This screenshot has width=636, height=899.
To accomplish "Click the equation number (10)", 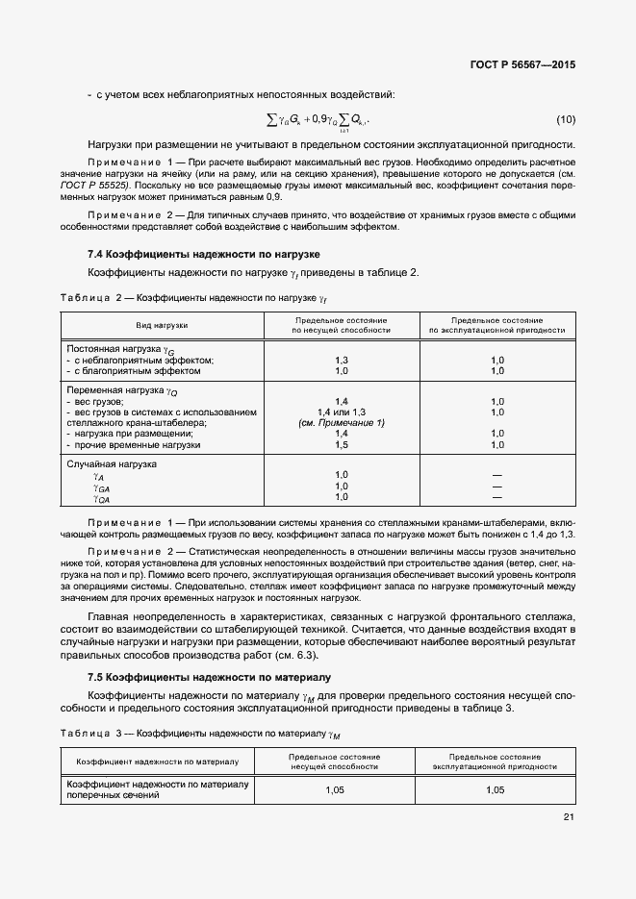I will point(566,119).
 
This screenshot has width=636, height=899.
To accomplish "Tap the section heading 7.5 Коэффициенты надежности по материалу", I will point(209,678).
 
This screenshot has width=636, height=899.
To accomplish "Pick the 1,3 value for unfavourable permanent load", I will point(341,360).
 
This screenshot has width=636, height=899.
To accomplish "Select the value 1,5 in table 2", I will point(341,445).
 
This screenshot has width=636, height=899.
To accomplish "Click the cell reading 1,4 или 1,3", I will point(341,412).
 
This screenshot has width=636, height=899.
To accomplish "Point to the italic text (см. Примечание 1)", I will point(341,423).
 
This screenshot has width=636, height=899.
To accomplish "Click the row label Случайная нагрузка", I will point(111,464).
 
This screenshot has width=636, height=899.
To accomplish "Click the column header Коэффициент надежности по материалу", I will point(158,762).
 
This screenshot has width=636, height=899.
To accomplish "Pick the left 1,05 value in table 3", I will point(334,789).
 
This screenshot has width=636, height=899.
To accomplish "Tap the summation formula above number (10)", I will point(318,119).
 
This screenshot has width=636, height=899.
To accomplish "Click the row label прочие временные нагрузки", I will point(137,445).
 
